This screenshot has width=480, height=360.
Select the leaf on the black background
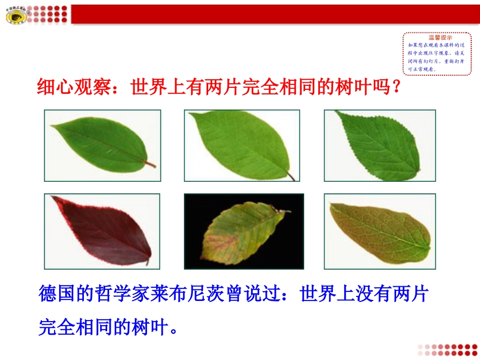tap(244, 232)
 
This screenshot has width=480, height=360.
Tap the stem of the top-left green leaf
tap(150, 164)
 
